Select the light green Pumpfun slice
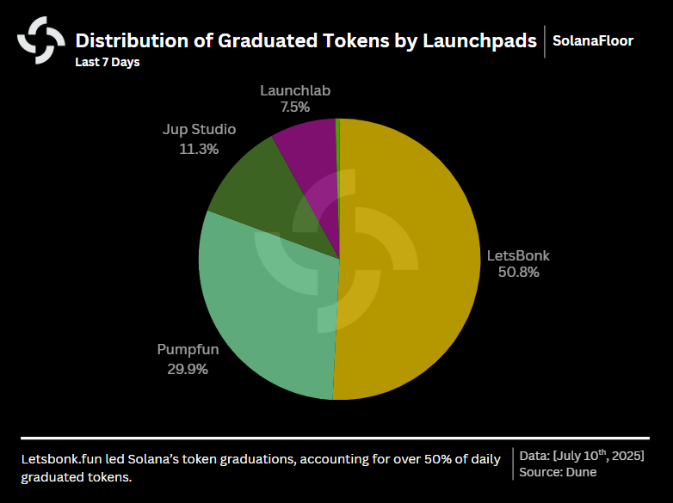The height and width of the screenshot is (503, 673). tap(267, 318)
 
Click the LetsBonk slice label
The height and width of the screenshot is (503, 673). tap(518, 255)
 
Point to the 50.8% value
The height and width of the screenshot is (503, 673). tap(518, 273)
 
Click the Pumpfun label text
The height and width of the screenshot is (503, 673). tap(188, 350)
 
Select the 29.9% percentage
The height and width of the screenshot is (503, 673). tap(188, 369)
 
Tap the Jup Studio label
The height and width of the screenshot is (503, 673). tap(199, 130)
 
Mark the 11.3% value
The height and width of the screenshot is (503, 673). tap(199, 149)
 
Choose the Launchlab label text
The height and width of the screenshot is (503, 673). tap(295, 90)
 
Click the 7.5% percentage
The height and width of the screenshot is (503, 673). tap(295, 107)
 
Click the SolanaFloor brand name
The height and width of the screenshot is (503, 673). tap(593, 40)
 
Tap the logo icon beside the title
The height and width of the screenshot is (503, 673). tap(41, 40)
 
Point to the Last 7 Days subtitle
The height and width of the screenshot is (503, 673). tap(108, 62)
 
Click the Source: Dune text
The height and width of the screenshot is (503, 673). tap(558, 471)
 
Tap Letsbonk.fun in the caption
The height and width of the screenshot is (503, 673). tap(58, 459)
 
